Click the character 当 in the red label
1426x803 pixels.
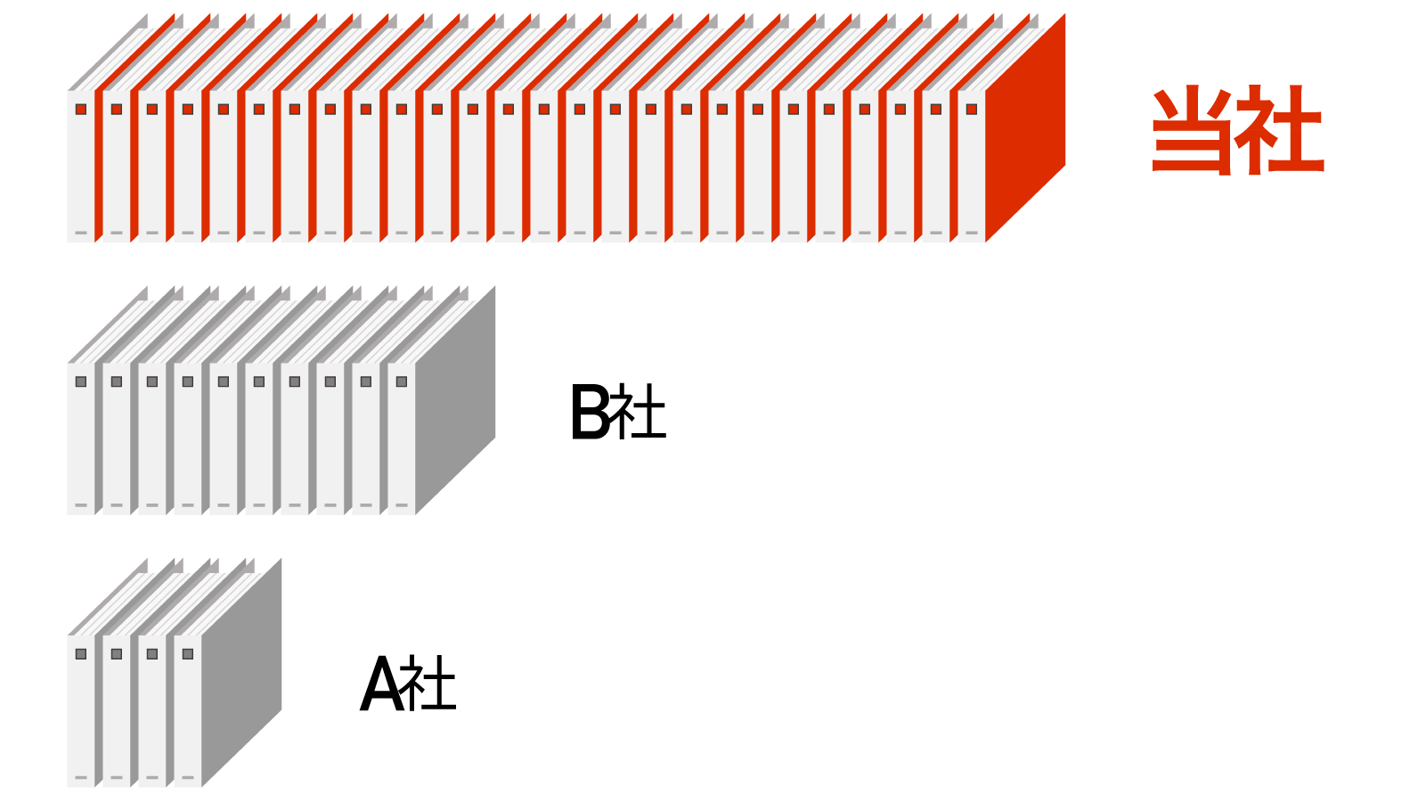point(1192,130)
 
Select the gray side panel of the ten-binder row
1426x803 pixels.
point(455,401)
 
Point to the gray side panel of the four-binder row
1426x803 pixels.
point(241,674)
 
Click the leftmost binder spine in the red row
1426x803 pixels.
point(81,169)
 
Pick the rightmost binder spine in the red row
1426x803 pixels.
point(972,169)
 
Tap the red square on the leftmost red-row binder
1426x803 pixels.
point(81,110)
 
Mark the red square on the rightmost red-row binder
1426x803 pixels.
point(972,110)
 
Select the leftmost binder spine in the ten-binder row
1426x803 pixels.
point(81,441)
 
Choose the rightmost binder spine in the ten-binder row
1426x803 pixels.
point(402,441)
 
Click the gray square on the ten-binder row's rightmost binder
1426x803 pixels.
point(402,381)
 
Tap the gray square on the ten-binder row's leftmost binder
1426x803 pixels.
point(81,381)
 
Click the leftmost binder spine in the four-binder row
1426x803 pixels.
point(81,713)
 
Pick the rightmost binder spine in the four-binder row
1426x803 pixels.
point(188,713)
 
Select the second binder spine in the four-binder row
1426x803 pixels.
point(117,713)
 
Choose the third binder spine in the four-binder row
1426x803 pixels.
point(152,713)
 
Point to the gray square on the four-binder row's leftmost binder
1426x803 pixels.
point(81,654)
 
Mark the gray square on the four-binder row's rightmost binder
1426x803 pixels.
point(188,654)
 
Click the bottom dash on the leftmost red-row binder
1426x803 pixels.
point(81,234)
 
